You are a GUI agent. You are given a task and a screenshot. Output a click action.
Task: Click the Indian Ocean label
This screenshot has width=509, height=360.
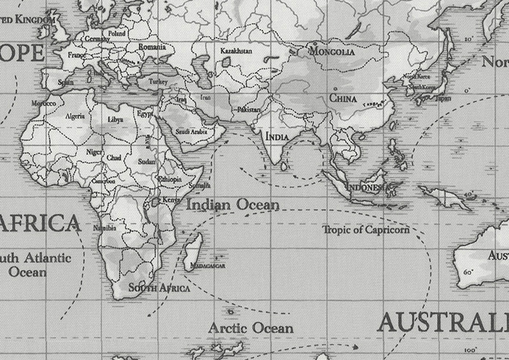[x=233, y=205]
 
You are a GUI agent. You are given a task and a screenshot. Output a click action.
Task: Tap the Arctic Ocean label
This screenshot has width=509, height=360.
[x=251, y=328]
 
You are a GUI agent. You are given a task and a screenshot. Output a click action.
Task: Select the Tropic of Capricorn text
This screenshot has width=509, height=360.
[x=366, y=230]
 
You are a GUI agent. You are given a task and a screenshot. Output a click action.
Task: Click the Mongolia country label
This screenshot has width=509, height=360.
[x=332, y=52]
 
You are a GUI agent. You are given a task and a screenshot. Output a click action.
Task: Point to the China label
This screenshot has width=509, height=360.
[x=342, y=97]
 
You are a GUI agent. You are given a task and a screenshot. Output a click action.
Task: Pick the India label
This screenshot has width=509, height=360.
[x=276, y=137]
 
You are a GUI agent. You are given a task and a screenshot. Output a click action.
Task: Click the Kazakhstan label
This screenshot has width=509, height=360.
[x=235, y=51]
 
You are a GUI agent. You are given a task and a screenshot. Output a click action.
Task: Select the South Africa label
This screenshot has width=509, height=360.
[x=159, y=288]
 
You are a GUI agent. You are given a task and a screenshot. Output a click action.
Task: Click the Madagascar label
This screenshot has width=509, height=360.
[x=206, y=266]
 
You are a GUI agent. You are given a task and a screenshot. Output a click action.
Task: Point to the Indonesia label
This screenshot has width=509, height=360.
[x=365, y=188]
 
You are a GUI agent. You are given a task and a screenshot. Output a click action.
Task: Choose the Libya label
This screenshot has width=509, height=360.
[x=116, y=119]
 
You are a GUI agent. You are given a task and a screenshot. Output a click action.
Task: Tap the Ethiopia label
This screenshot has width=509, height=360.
[x=170, y=179]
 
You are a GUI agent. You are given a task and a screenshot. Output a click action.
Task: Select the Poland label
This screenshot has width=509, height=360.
[x=116, y=34]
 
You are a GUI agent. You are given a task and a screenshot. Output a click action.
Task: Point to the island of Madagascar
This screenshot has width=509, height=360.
[x=192, y=248]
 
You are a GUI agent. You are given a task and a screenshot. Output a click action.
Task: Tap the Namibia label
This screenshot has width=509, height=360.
[x=105, y=228]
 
